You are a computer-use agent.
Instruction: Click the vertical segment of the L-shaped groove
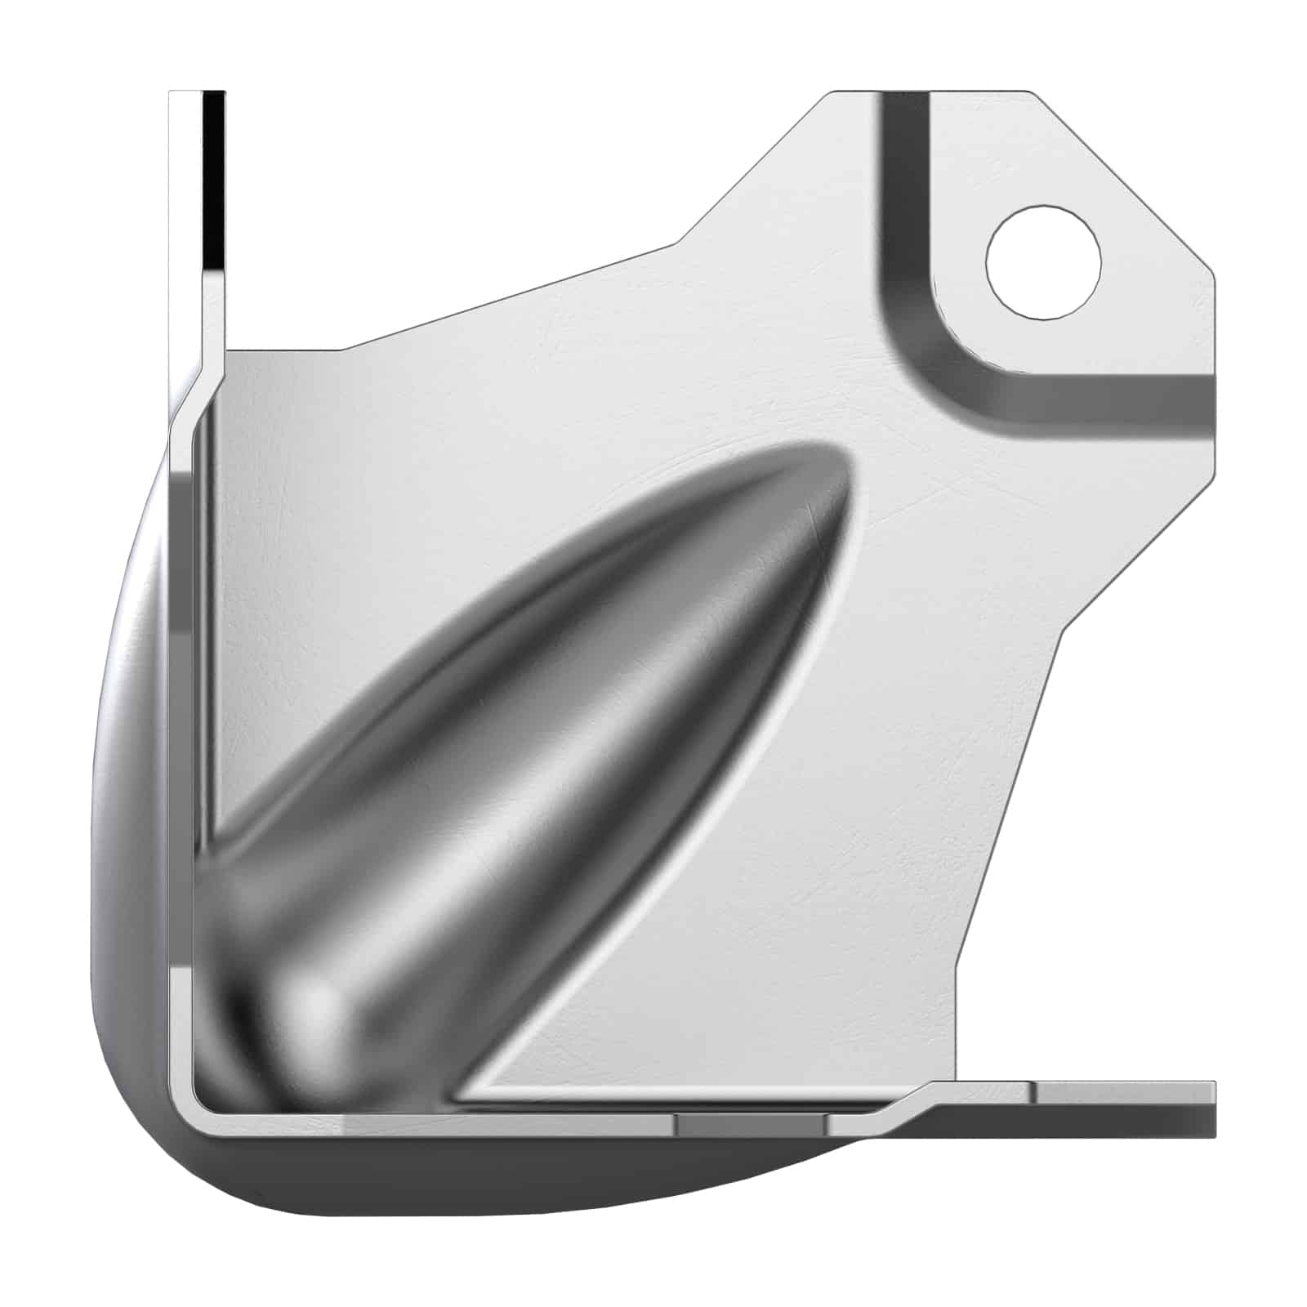[903, 204]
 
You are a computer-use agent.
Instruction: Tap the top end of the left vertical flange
[196, 95]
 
